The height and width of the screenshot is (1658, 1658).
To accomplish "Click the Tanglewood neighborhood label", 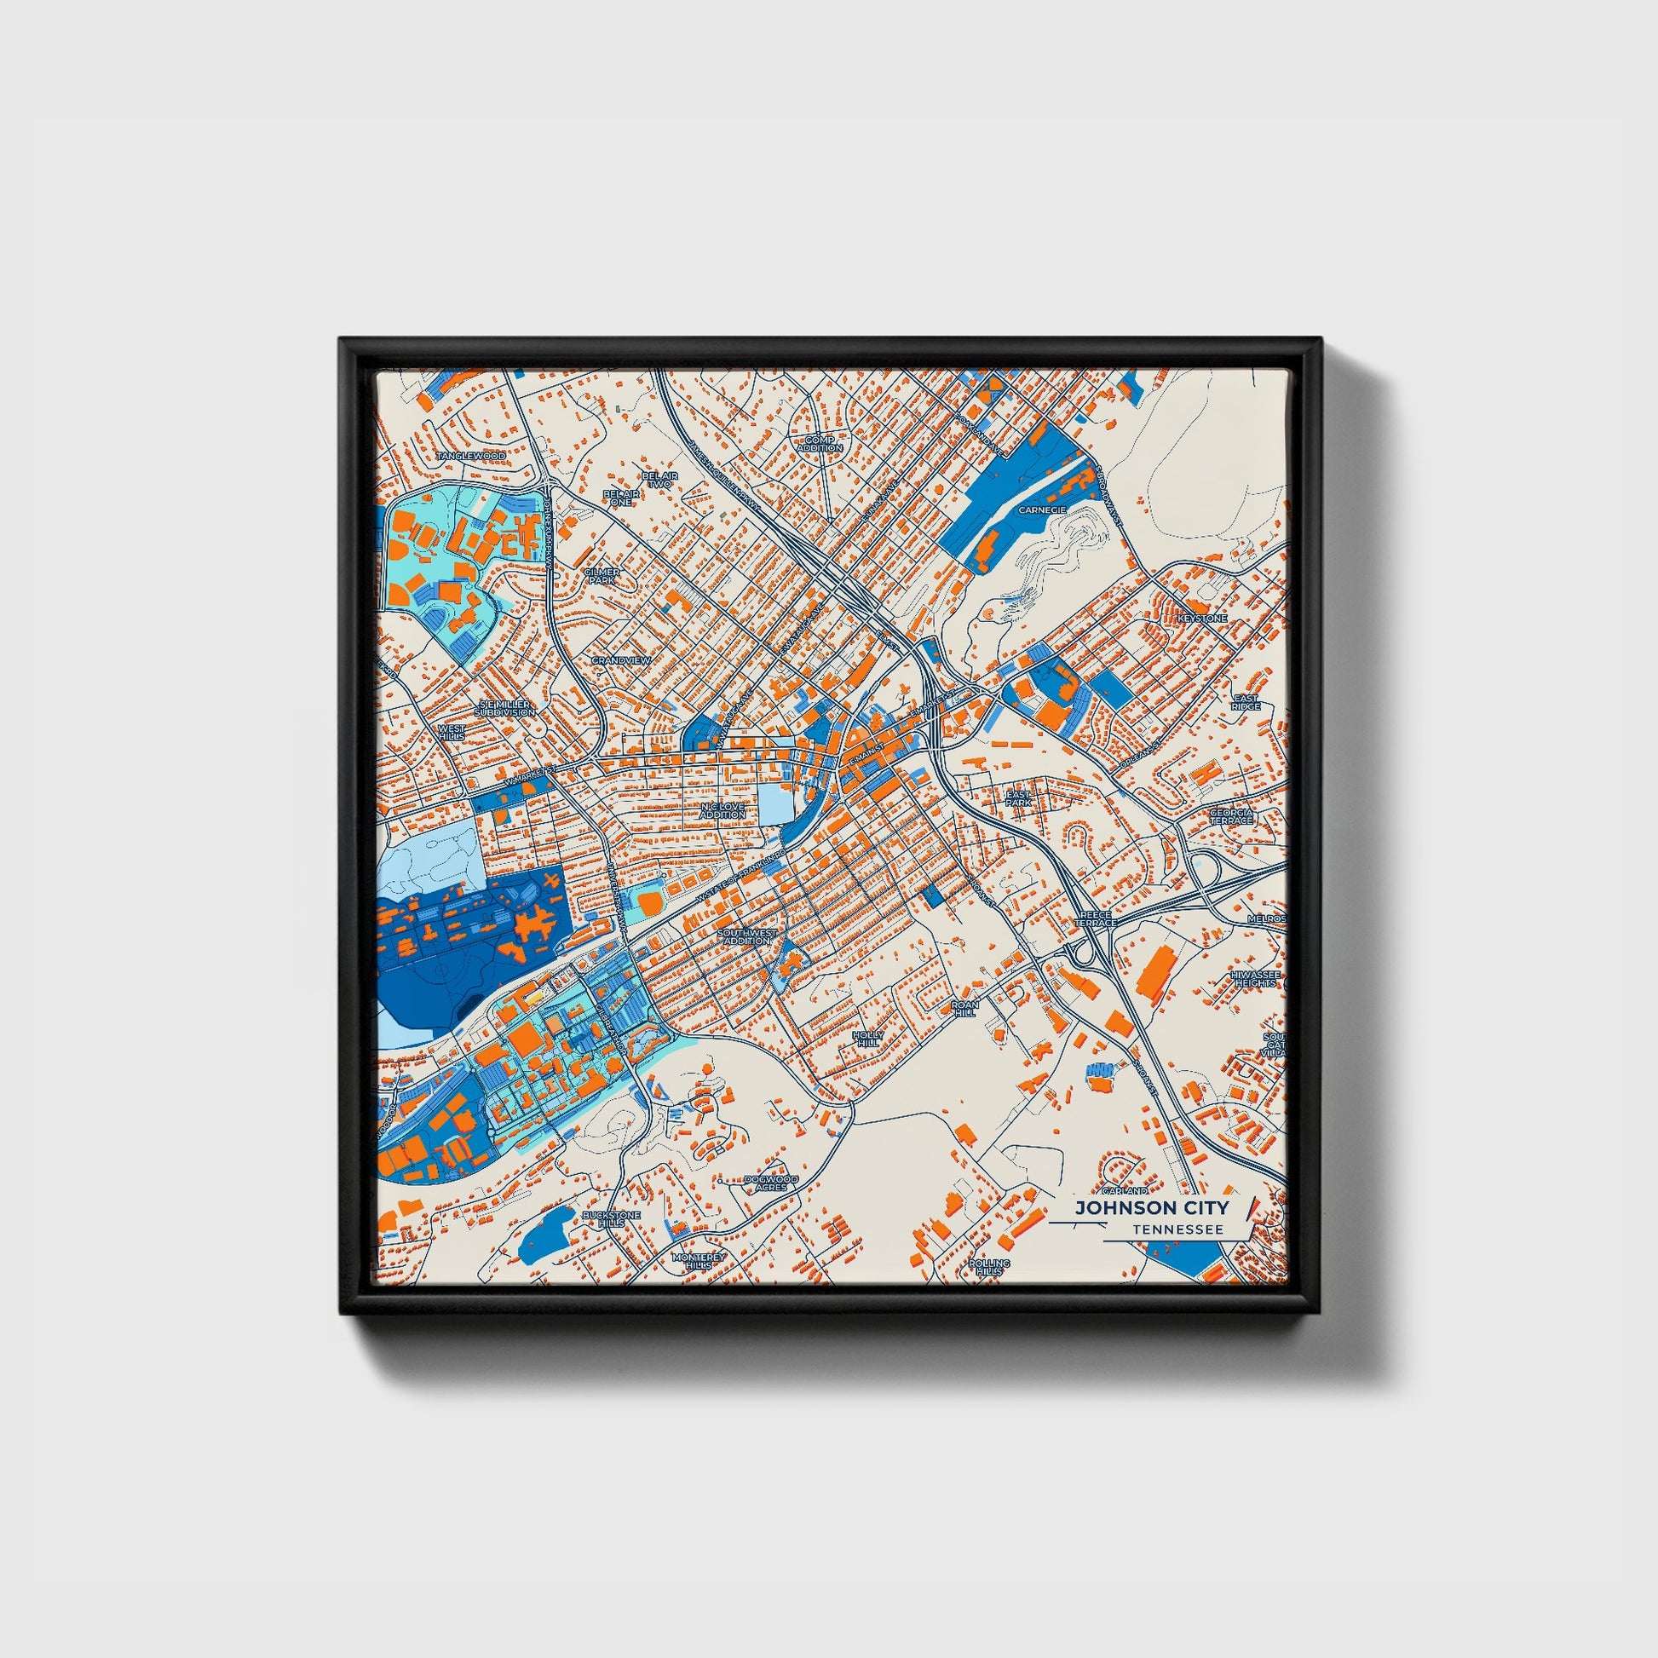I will pyautogui.click(x=471, y=456).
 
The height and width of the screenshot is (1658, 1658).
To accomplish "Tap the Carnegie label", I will pyautogui.click(x=1042, y=509).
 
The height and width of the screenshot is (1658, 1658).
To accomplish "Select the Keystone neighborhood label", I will pyautogui.click(x=1201, y=618).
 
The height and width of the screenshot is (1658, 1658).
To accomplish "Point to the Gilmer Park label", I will pyautogui.click(x=602, y=576).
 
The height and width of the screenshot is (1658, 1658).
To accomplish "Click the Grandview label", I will pyautogui.click(x=621, y=660).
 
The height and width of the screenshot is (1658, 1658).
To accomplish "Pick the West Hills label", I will pyautogui.click(x=452, y=732).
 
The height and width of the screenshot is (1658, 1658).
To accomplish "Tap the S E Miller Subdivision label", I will pyautogui.click(x=505, y=708).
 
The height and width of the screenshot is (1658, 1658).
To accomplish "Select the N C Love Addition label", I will pyautogui.click(x=723, y=810).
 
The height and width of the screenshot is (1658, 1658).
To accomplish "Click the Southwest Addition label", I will pyautogui.click(x=746, y=936).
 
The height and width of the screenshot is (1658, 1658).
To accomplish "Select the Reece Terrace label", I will pyautogui.click(x=1096, y=919).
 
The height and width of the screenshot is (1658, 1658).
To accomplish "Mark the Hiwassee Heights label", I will pyautogui.click(x=1255, y=979).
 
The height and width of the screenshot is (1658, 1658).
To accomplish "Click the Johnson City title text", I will pyautogui.click(x=1153, y=1208).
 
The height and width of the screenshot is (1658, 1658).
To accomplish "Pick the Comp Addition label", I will pyautogui.click(x=820, y=444).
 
